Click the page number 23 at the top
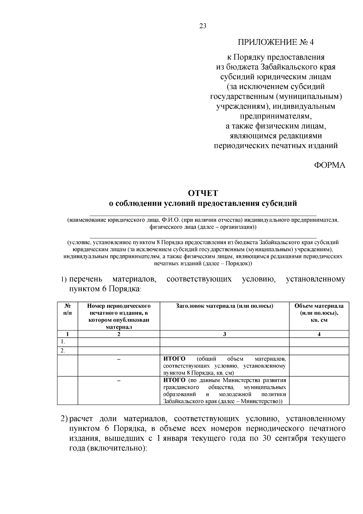(x=203, y=26)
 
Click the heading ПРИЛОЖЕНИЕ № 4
(x=276, y=42)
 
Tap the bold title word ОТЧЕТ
(x=203, y=193)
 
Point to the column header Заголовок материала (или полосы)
(x=224, y=306)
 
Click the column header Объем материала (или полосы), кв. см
(x=319, y=313)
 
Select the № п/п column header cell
(x=67, y=309)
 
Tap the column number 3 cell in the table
(x=224, y=334)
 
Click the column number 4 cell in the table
(x=319, y=334)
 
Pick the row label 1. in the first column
(x=63, y=342)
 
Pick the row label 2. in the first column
(x=63, y=351)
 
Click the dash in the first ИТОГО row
(x=119, y=359)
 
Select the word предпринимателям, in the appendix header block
(x=276, y=116)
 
